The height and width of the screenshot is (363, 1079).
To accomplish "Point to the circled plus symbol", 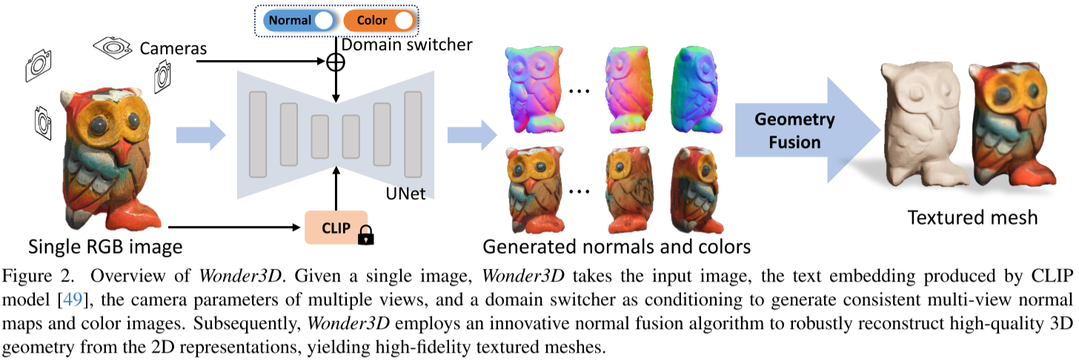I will [336, 62].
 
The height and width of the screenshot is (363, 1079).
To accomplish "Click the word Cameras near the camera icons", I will [173, 49].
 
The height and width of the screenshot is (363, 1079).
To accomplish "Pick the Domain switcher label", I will [410, 44].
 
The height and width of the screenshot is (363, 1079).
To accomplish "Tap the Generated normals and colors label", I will [617, 245].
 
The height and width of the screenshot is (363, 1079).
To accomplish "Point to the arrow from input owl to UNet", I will [200, 135].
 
